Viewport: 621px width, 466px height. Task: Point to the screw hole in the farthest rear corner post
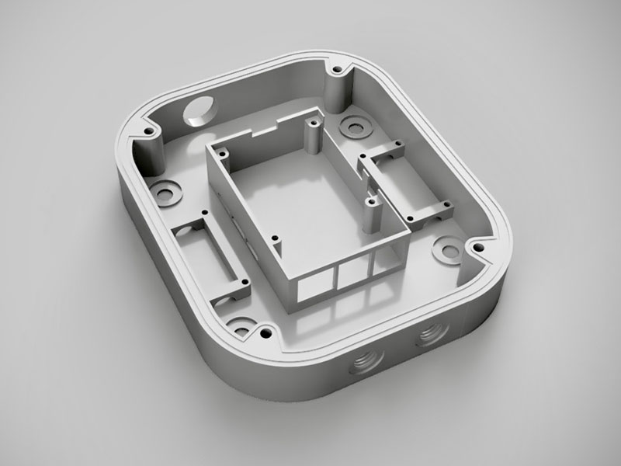coord(338,72)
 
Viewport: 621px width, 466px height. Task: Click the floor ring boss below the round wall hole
coord(165,190)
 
